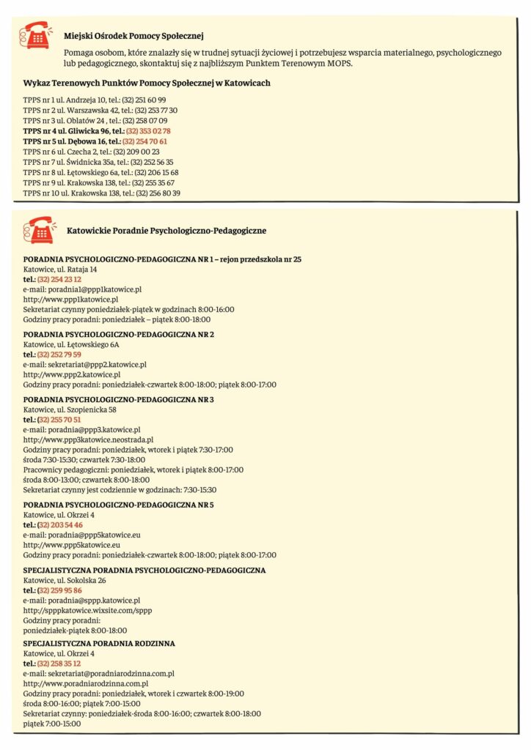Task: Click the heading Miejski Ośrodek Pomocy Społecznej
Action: click(x=133, y=35)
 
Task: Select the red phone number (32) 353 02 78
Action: click(x=147, y=131)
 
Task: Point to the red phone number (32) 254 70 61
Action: click(x=145, y=141)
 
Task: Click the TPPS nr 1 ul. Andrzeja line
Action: click(x=95, y=100)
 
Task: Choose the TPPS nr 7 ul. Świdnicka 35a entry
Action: click(x=98, y=162)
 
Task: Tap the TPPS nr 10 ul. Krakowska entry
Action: click(x=102, y=193)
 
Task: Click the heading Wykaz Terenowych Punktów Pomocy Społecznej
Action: click(x=147, y=83)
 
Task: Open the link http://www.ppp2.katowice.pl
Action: click(x=72, y=374)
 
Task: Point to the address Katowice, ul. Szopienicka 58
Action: click(x=70, y=409)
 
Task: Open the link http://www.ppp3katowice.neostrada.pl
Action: click(x=88, y=439)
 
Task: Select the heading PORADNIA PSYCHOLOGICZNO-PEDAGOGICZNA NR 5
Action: click(x=119, y=505)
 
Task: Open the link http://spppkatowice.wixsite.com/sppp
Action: click(x=88, y=610)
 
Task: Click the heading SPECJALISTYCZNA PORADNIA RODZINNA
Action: click(x=99, y=643)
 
